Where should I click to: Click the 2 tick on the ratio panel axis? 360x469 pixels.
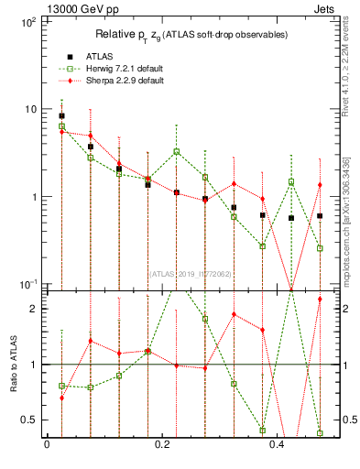33,309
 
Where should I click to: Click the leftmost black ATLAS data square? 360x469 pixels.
61,116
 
